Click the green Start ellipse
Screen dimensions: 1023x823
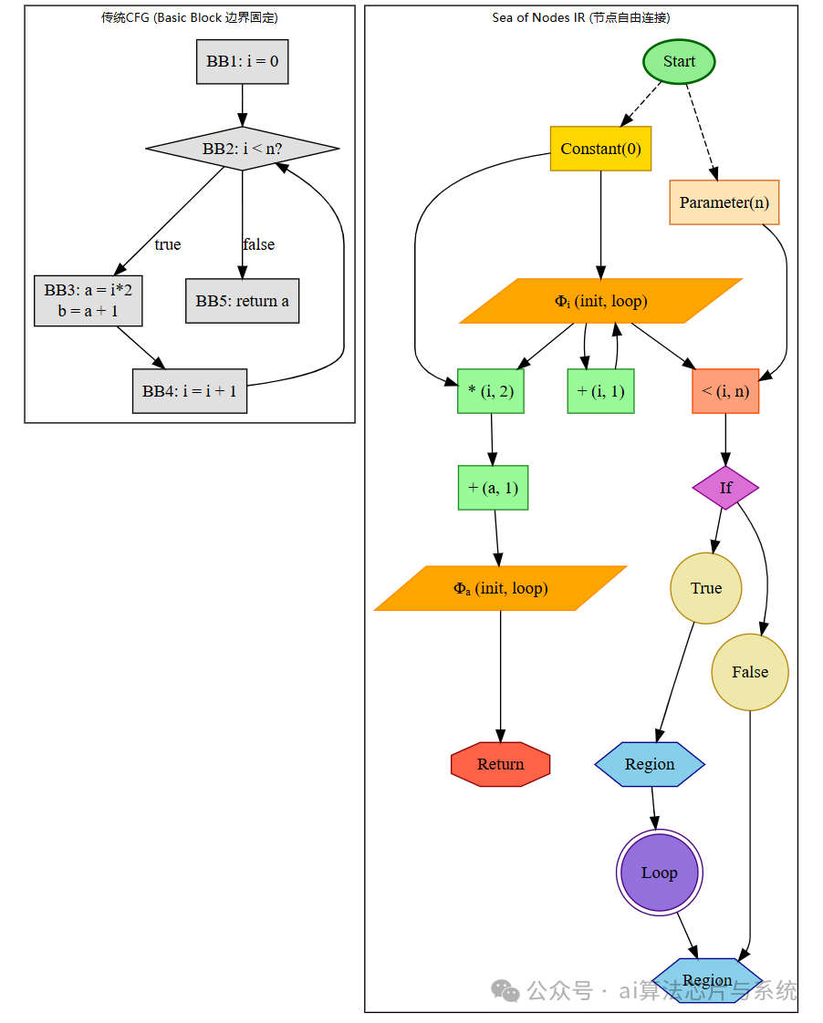[679, 62]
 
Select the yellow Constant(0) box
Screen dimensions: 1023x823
[600, 149]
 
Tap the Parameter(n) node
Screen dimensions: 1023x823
[724, 202]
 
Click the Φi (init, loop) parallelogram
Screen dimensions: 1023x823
[601, 301]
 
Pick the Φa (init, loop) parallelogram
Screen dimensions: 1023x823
[500, 588]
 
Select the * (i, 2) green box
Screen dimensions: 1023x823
[491, 392]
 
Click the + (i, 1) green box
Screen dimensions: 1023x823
[600, 392]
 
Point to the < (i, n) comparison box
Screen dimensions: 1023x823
[725, 392]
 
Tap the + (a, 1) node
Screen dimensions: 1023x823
[493, 488]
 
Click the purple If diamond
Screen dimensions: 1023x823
[725, 488]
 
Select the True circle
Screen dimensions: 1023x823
[706, 588]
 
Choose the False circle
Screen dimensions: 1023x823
[750, 672]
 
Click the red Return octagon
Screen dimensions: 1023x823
[501, 764]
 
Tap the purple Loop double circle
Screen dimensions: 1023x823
[660, 873]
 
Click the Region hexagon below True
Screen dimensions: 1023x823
[650, 764]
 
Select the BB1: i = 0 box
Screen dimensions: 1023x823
[243, 62]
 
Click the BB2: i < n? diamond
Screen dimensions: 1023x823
[243, 149]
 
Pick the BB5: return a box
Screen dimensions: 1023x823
[243, 301]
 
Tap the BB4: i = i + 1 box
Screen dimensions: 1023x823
[190, 391]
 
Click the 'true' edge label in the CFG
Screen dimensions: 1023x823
[168, 244]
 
